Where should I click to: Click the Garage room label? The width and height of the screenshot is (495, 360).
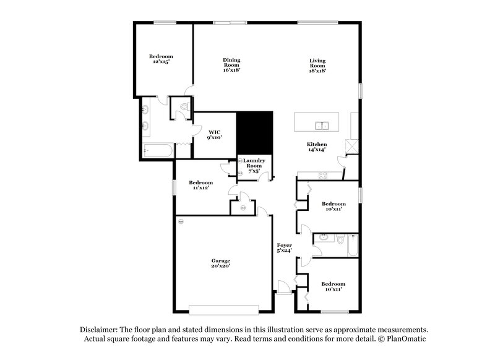click(221, 263)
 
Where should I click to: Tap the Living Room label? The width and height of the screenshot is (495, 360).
click(317, 66)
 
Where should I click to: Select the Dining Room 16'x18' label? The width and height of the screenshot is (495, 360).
click(231, 65)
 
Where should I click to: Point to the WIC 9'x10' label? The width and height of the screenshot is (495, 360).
click(214, 135)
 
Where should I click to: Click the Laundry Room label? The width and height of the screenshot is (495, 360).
click(254, 166)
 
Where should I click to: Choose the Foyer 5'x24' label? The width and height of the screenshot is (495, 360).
click(284, 247)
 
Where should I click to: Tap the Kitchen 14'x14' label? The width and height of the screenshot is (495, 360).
click(317, 147)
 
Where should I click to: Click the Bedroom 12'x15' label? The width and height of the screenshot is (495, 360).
click(161, 59)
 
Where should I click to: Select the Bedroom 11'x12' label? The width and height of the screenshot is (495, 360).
click(200, 185)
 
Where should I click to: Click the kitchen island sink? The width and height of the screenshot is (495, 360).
click(322, 126)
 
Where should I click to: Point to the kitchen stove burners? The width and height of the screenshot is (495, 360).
click(323, 176)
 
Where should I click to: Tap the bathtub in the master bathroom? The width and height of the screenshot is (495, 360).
click(158, 150)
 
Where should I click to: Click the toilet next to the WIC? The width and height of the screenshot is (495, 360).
click(184, 106)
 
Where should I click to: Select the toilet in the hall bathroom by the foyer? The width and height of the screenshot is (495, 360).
click(340, 239)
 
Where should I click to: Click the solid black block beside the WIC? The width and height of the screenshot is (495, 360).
click(254, 133)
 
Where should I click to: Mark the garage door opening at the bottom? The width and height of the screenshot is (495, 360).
click(224, 310)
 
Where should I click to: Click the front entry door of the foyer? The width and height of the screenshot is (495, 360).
click(283, 288)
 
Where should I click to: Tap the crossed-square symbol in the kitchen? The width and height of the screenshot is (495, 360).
click(351, 146)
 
